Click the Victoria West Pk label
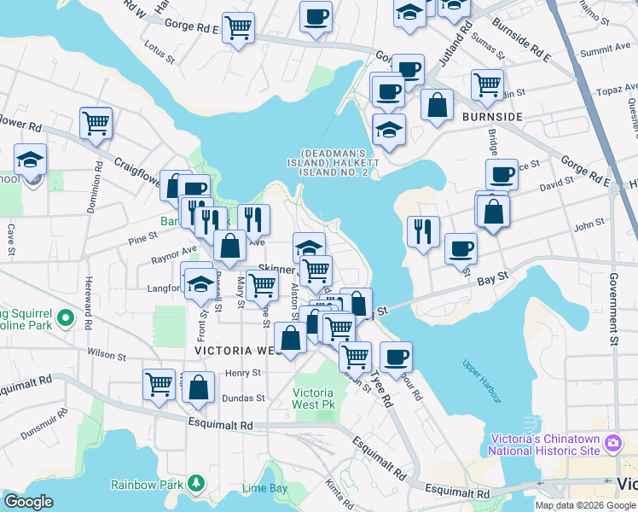pyautogui.click(x=313, y=399)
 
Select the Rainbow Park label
pyautogui.click(x=147, y=485)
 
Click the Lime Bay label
pyautogui.click(x=264, y=489)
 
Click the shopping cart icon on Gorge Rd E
pyautogui.click(x=238, y=27)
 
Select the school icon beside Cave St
pyautogui.click(x=31, y=160)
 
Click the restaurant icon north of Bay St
pyautogui.click(x=423, y=230)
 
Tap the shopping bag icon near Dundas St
pyautogui.click(x=199, y=387)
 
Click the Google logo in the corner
pyautogui.click(x=28, y=502)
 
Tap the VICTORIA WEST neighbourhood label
pyautogui.click(x=236, y=351)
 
